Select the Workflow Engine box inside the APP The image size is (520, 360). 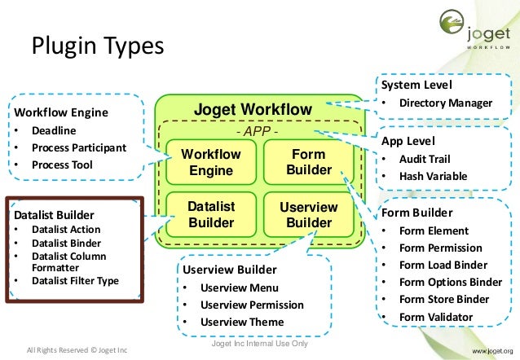211,162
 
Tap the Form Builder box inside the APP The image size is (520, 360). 309,161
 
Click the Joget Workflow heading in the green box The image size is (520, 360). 252,110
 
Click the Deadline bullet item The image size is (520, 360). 54,131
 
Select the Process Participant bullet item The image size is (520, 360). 78,147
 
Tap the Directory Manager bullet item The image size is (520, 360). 445,103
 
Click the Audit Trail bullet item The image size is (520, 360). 424,159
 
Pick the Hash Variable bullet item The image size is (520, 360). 432,175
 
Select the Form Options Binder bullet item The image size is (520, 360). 450,282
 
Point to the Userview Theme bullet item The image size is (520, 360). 242,322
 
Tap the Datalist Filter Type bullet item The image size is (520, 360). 75,281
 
